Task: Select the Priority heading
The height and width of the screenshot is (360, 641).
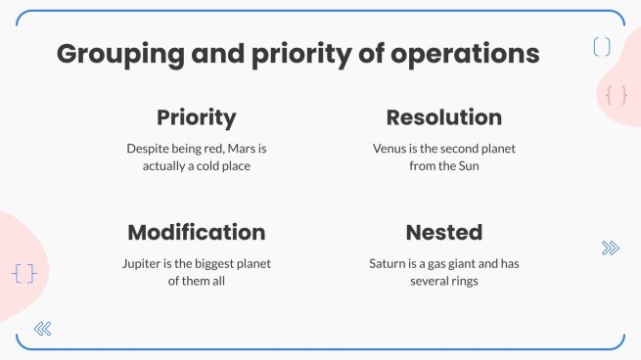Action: (196, 118)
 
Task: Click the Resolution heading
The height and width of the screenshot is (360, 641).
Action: (443, 118)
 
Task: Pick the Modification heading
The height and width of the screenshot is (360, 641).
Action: (196, 233)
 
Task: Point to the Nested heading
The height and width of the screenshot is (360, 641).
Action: (443, 233)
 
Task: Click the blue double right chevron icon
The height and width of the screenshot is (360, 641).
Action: (611, 248)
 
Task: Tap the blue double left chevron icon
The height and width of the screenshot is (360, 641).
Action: (42, 329)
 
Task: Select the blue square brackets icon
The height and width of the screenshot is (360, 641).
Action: (602, 46)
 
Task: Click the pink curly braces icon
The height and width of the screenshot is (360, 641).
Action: (617, 95)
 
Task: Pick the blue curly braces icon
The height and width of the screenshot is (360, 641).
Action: (24, 273)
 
